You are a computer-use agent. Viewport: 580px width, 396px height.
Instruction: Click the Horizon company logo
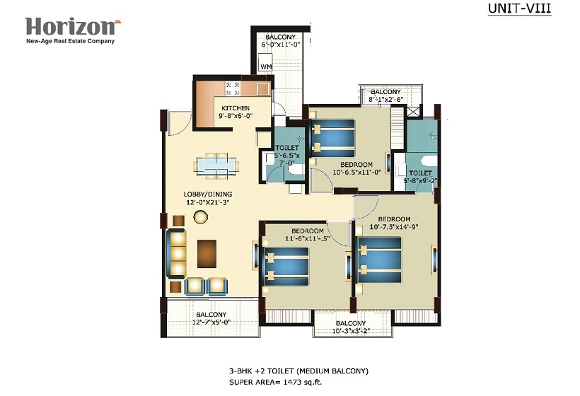pos(73,30)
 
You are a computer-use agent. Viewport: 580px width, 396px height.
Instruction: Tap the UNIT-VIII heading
pos(519,8)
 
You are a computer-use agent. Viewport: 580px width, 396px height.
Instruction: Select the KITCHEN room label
pos(236,108)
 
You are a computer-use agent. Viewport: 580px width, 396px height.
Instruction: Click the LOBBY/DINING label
pos(208,194)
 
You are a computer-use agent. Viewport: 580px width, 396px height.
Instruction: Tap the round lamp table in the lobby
pos(200,216)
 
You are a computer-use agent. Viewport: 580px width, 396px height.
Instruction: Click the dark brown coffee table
pos(207,254)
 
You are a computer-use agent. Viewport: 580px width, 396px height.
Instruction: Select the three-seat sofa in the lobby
pos(176,253)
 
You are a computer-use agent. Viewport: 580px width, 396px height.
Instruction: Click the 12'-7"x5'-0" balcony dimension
pos(211,322)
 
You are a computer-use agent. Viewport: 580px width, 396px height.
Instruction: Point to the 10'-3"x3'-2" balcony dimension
pos(351,331)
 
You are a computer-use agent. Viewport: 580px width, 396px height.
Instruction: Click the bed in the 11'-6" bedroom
pos(286,267)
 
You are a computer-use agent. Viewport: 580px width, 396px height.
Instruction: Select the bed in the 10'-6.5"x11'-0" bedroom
pos(332,139)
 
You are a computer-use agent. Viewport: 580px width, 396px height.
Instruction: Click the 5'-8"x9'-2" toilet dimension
pos(420,181)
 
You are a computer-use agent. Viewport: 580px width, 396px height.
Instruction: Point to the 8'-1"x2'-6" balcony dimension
pos(385,100)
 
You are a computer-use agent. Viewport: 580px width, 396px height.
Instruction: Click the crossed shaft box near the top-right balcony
pos(414,112)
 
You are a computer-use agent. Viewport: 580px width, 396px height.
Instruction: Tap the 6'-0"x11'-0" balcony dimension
pos(280,45)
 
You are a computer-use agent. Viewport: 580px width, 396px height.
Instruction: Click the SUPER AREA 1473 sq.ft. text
pos(276,383)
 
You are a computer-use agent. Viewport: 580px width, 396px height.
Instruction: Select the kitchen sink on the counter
pos(263,88)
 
